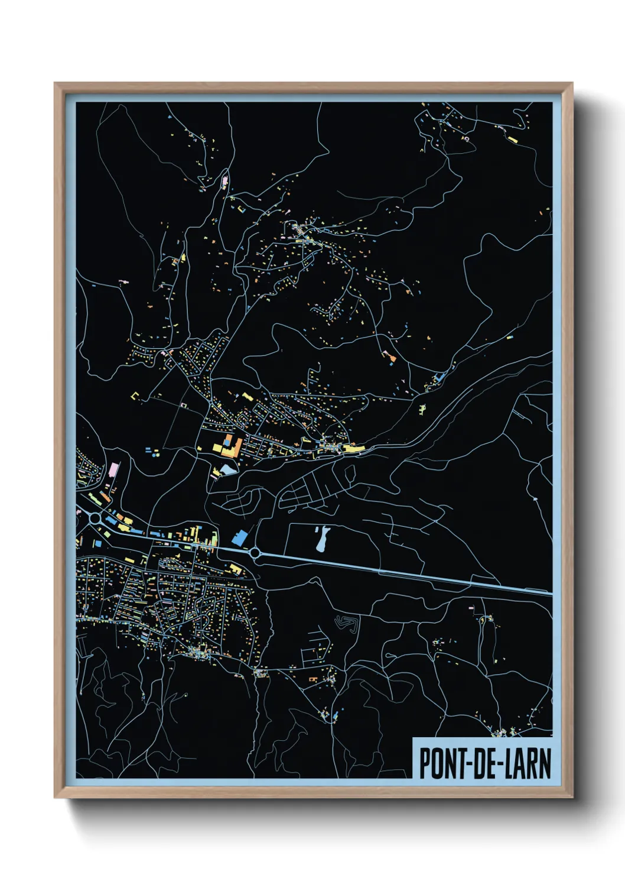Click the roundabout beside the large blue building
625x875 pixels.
(x=255, y=553)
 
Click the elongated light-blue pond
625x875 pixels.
(x=321, y=539)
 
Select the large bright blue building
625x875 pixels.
(x=239, y=538)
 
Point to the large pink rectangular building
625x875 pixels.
(x=113, y=471)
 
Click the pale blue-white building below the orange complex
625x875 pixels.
(x=226, y=470)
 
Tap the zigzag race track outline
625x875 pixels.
(x=347, y=624)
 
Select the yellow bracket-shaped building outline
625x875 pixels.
(x=135, y=397)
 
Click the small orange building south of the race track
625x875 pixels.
(x=312, y=680)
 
